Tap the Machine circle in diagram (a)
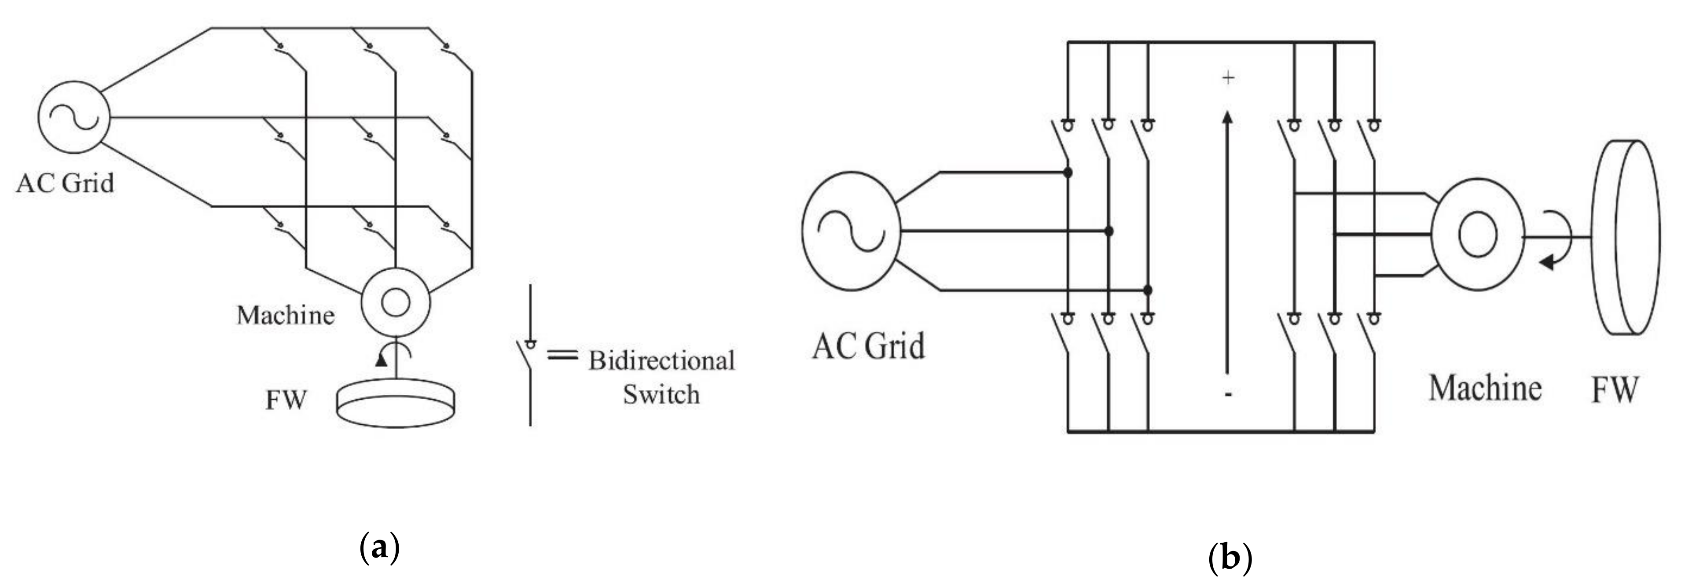(x=396, y=302)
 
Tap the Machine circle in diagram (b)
(x=1477, y=235)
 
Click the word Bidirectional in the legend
(x=661, y=361)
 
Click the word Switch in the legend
(x=661, y=395)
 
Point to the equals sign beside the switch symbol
(x=562, y=356)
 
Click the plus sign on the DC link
(x=1229, y=78)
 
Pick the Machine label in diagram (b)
(x=1485, y=388)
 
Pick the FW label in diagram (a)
(x=285, y=399)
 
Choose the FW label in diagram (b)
(x=1615, y=390)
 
